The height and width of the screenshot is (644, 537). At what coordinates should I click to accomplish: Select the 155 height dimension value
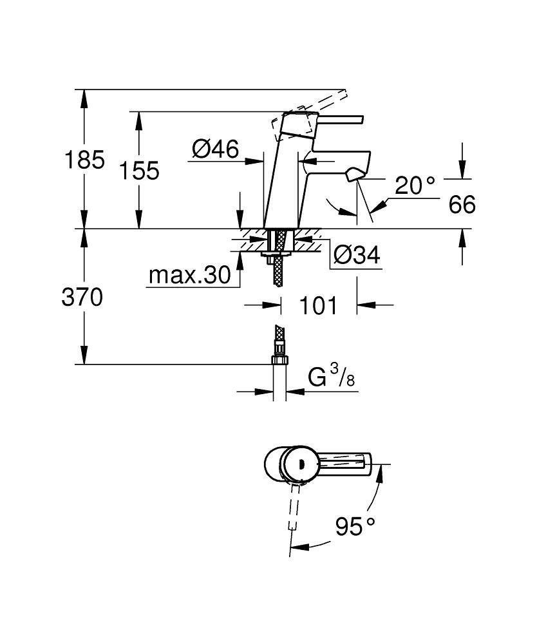tap(138, 171)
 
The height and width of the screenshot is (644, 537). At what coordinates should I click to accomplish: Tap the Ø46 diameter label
tap(215, 149)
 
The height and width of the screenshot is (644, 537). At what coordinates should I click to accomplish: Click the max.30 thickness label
tap(189, 276)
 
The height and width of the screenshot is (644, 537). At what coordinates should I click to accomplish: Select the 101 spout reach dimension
tap(319, 305)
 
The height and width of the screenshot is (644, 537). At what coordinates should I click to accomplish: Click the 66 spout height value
tap(461, 205)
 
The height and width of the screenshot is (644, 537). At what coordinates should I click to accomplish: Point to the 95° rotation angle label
tap(355, 527)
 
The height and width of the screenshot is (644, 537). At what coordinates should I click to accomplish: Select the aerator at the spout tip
tap(353, 175)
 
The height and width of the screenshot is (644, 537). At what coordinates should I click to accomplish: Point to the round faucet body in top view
tap(282, 463)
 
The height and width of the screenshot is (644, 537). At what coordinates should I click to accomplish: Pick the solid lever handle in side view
tap(341, 118)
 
